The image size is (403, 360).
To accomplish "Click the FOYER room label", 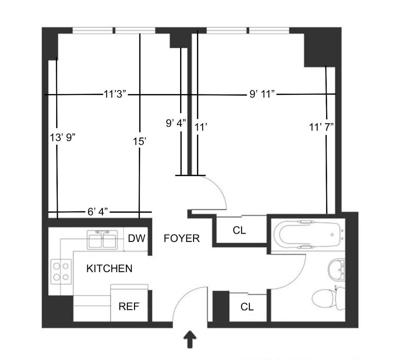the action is click(x=182, y=238).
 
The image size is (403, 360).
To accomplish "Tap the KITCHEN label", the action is click(x=109, y=269).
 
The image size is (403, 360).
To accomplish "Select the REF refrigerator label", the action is click(x=129, y=307).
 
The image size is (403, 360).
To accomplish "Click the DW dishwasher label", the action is click(x=136, y=238).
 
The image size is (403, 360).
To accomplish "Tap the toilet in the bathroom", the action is click(x=326, y=299).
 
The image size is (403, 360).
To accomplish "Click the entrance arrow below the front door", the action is click(x=190, y=340).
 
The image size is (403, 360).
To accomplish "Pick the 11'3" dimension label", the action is click(x=115, y=95).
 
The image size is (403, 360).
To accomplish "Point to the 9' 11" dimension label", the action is click(x=262, y=94).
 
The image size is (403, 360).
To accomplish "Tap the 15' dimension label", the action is click(x=139, y=141).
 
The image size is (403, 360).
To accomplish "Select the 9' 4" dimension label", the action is click(x=176, y=123).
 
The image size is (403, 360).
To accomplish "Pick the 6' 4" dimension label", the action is click(x=98, y=212).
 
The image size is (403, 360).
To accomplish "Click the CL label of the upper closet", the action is click(x=239, y=231).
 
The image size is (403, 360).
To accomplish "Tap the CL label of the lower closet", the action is click(x=247, y=307).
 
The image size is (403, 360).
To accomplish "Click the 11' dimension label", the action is click(x=200, y=127).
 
